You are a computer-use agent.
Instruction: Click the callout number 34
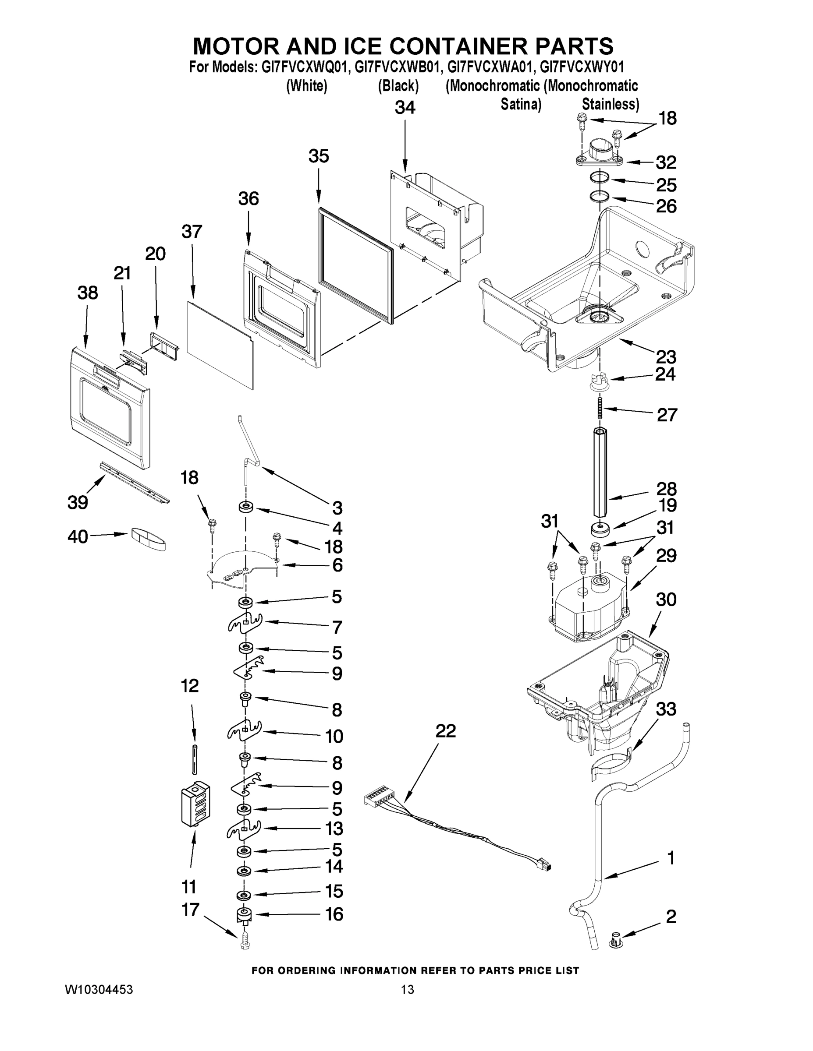coord(405,108)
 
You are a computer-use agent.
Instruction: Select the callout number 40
coord(78,536)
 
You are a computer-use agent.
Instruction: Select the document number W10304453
coord(99,989)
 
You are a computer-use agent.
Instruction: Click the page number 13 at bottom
coord(407,989)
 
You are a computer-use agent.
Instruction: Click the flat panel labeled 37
coord(220,344)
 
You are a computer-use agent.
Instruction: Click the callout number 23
coord(666,356)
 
